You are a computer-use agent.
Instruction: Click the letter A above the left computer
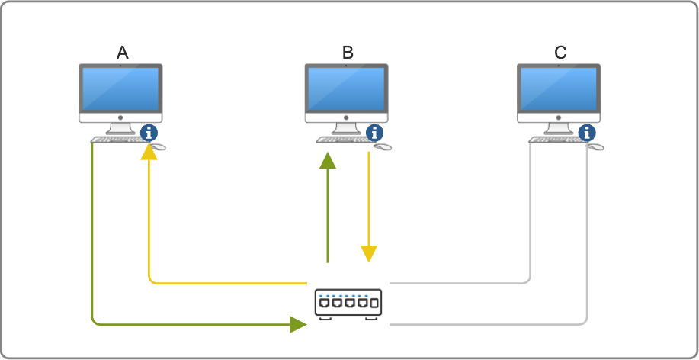(x=122, y=53)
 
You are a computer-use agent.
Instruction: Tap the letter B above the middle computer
(x=348, y=53)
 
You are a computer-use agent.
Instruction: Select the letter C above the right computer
(x=560, y=53)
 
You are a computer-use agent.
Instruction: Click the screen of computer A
(x=120, y=88)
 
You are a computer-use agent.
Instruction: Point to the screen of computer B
(x=346, y=88)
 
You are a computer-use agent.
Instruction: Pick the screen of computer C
(x=558, y=88)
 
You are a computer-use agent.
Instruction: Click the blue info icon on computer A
(x=149, y=132)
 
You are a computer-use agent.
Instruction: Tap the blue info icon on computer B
(x=375, y=132)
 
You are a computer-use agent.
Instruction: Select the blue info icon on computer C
(x=587, y=132)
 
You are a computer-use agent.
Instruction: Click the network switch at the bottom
(x=348, y=303)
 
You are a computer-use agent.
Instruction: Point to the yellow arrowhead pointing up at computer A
(x=149, y=152)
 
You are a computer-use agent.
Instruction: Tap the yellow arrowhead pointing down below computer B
(x=369, y=253)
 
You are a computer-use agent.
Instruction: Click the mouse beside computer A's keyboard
(x=158, y=146)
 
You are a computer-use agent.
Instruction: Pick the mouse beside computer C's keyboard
(x=595, y=146)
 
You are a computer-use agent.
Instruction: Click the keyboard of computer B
(x=340, y=140)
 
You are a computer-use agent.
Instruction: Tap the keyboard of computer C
(x=553, y=140)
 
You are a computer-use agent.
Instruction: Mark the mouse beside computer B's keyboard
(x=383, y=146)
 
